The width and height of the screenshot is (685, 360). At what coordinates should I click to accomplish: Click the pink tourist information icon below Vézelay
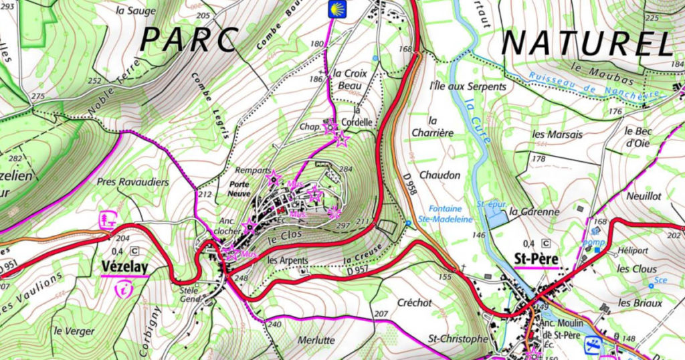pyautogui.click(x=124, y=288)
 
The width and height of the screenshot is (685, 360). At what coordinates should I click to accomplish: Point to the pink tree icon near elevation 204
pyautogui.click(x=106, y=219)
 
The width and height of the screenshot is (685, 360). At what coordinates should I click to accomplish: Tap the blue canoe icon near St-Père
pyautogui.click(x=592, y=345)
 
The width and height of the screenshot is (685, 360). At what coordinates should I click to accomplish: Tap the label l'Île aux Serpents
pyautogui.click(x=458, y=86)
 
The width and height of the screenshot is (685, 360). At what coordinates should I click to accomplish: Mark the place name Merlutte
pyautogui.click(x=315, y=340)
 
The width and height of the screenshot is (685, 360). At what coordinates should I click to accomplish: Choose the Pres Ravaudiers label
pyautogui.click(x=132, y=181)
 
